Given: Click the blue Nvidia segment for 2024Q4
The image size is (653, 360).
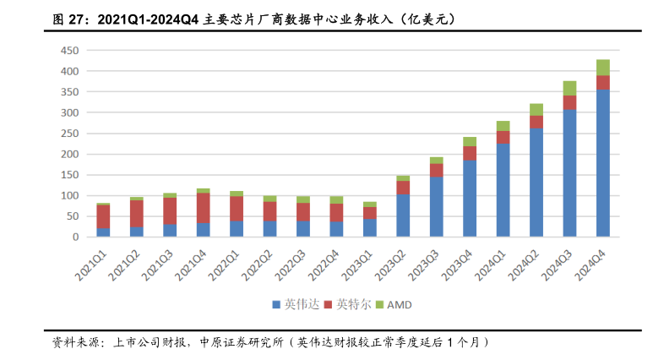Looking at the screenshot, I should pos(602,162).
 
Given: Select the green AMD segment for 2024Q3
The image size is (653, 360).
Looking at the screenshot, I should pos(569,88).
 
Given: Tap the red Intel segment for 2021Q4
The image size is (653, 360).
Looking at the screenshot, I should pos(203,208).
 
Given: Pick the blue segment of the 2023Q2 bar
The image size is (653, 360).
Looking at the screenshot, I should pos(403,215).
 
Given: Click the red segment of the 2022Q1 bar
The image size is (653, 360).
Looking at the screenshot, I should pos(237,209).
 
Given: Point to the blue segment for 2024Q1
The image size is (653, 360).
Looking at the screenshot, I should pos(503,190).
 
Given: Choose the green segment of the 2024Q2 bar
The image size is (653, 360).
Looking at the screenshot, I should pos(536,109).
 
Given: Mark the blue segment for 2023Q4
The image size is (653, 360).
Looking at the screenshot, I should pos(470,199).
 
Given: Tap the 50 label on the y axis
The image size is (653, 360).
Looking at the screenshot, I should pos(73,216).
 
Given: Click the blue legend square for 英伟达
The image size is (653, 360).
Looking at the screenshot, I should pos(276,303).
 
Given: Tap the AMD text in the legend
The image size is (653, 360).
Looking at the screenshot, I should pos(399,303).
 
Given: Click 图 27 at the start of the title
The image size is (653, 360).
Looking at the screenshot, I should pos(68,17).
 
